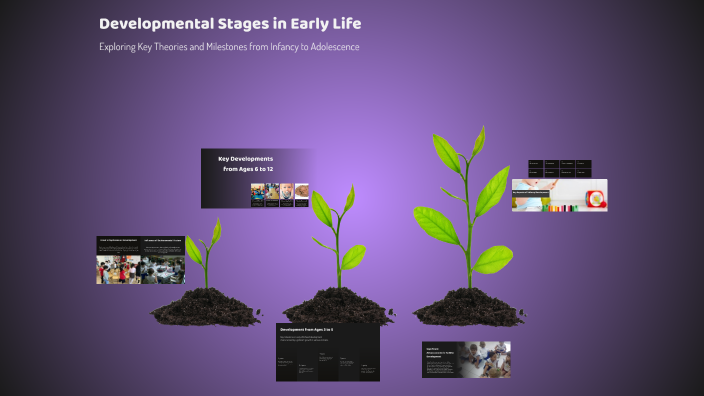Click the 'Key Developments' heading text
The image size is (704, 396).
(x=245, y=159)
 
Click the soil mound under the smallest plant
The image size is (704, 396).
(x=207, y=306)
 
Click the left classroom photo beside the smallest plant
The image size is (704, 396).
(x=118, y=269)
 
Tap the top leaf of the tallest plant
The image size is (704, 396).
(x=478, y=140)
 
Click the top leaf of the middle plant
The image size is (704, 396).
(x=349, y=197)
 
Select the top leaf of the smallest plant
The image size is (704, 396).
(x=217, y=230)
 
